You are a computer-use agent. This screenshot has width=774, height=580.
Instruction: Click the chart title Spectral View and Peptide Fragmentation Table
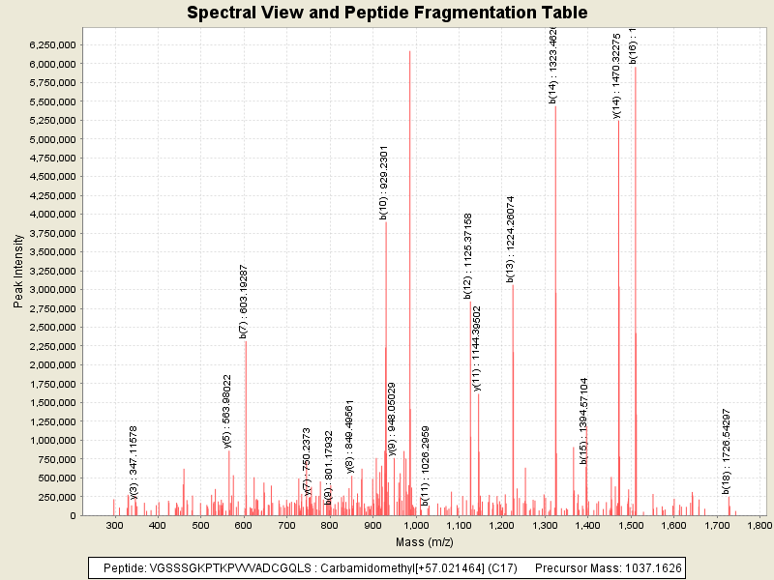[x=387, y=13]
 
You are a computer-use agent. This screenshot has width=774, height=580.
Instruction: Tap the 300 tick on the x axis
[x=115, y=525]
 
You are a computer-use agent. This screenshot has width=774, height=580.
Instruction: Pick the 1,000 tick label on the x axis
[x=416, y=525]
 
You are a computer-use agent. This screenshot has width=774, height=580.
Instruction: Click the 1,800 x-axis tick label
[x=759, y=525]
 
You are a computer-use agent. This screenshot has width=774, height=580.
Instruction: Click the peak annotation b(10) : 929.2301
[x=384, y=184]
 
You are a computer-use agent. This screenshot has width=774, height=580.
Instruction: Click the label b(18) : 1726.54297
[x=727, y=450]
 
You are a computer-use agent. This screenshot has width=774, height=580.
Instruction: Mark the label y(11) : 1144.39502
[x=477, y=348]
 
